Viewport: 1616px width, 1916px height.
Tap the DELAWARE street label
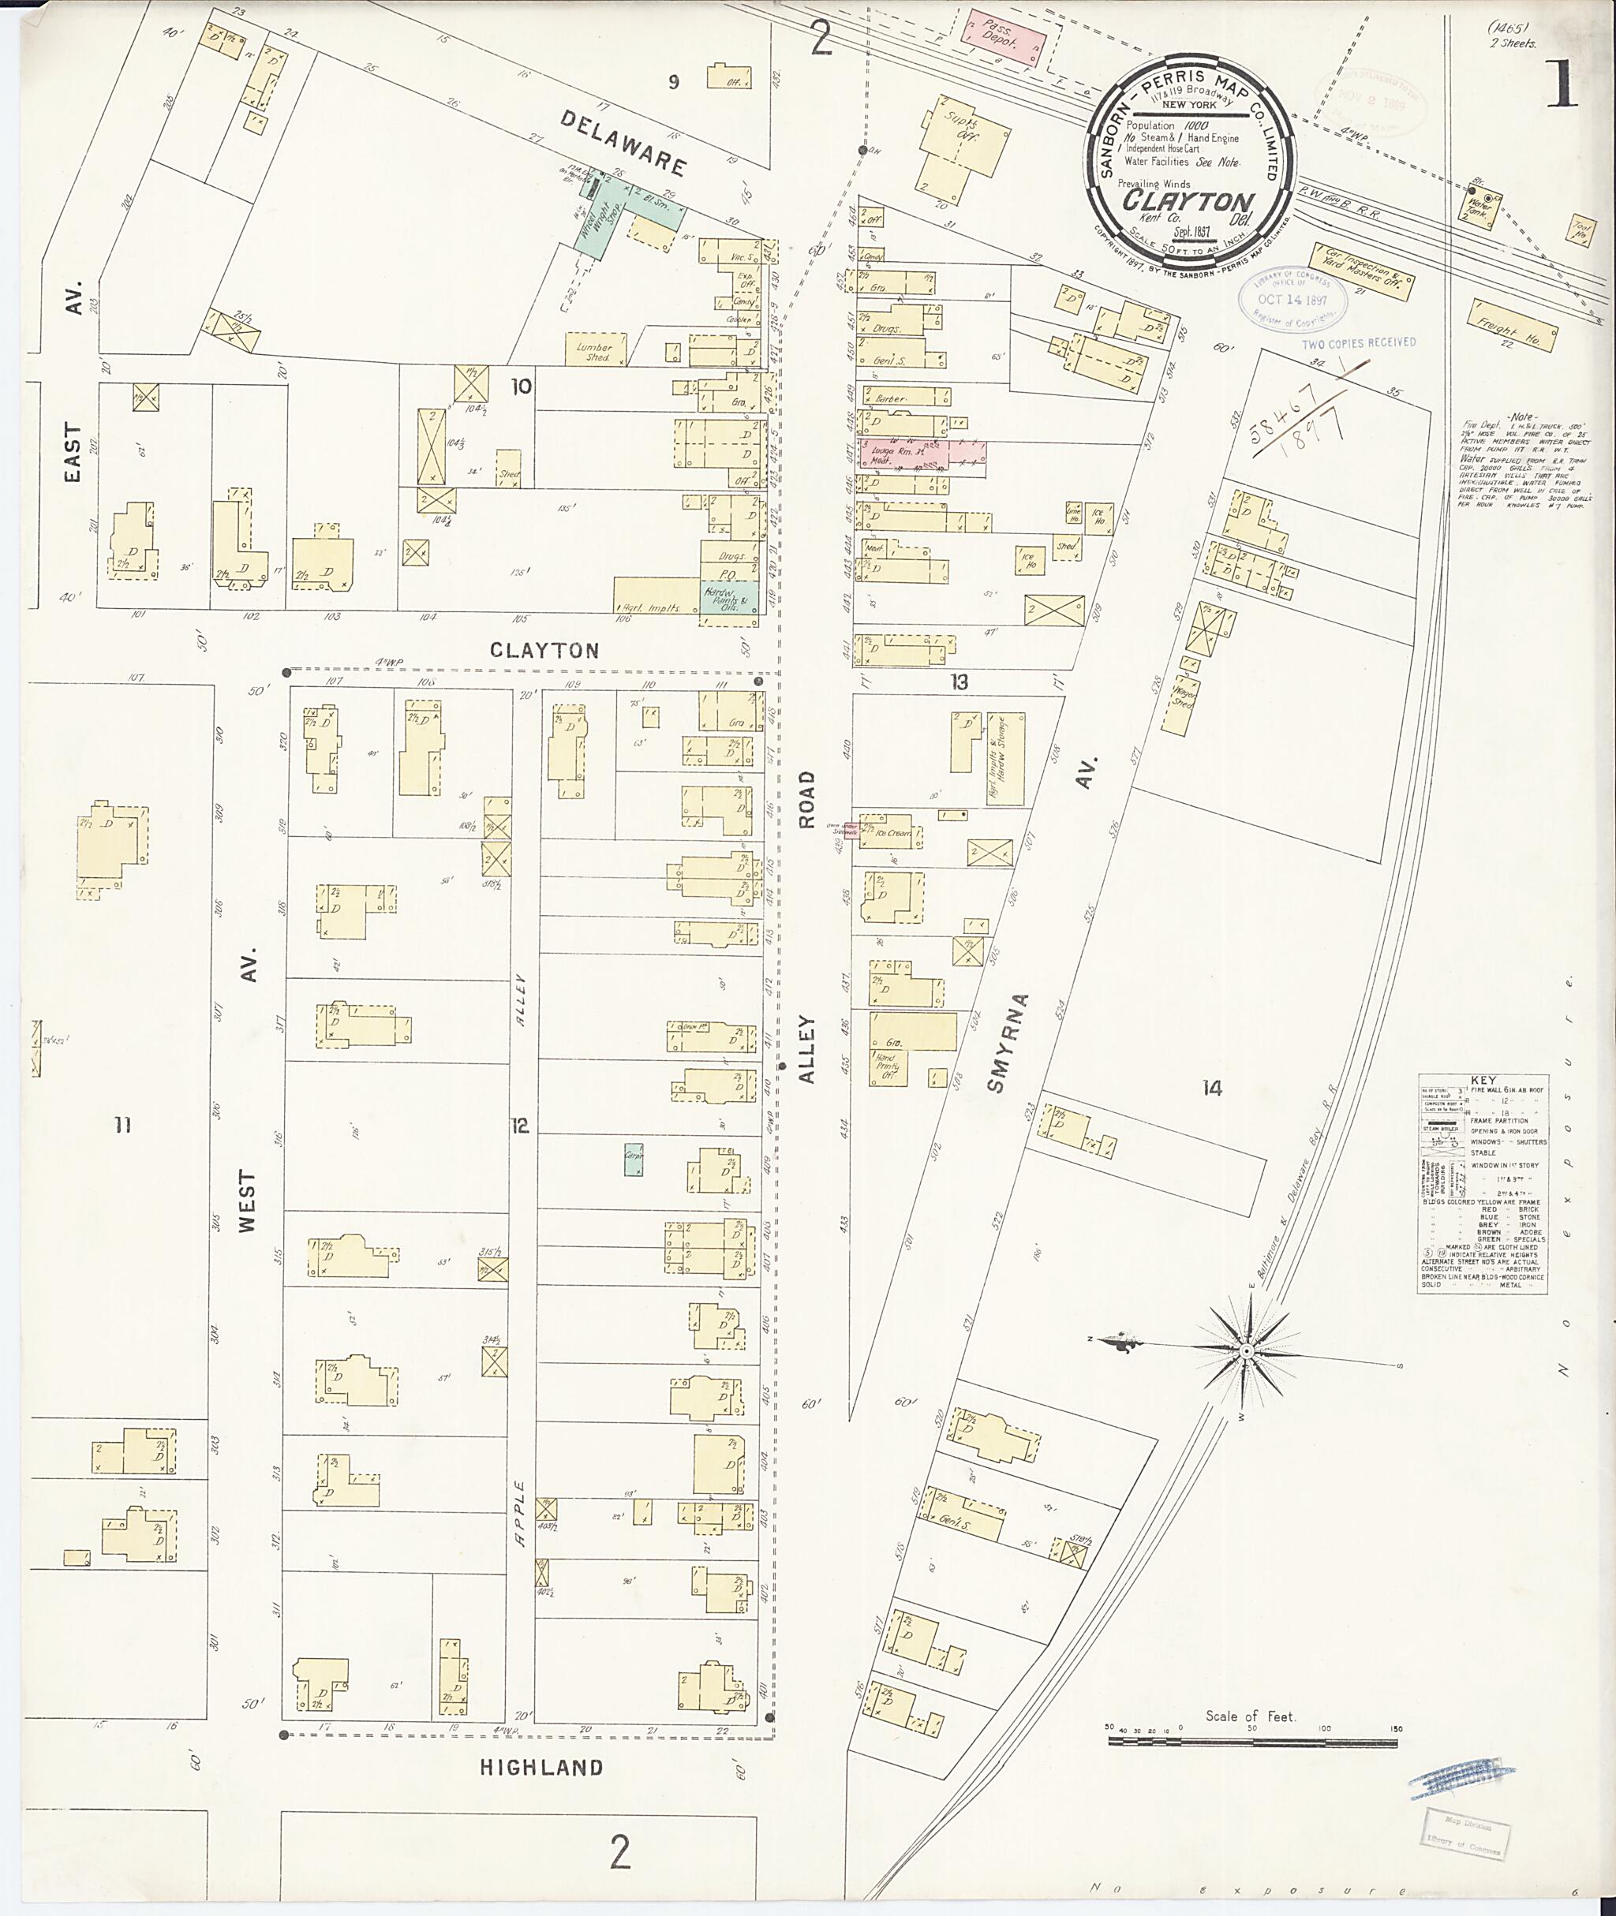[623, 143]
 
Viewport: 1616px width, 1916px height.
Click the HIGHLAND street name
[541, 1768]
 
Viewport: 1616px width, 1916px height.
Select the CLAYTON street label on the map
[544, 650]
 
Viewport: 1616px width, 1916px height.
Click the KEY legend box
[1482, 1183]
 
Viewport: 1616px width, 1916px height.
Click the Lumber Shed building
[596, 350]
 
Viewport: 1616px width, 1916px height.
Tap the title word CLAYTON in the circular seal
[1188, 200]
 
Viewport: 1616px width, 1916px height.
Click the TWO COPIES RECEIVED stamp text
[1359, 342]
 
